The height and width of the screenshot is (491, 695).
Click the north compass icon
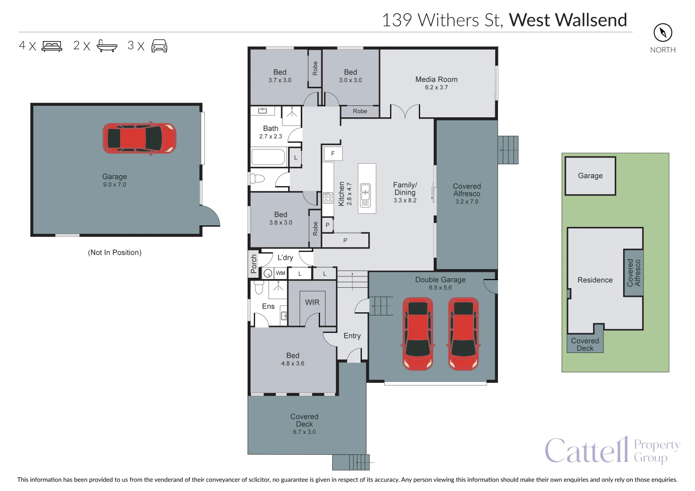[x=663, y=33]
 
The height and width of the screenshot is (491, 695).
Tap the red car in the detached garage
[x=139, y=138]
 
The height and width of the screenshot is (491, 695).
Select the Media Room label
[x=436, y=80]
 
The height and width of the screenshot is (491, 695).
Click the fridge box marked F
[x=333, y=154]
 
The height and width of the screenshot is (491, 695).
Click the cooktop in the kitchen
[x=328, y=198]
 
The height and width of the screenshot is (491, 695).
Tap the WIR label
[x=312, y=302]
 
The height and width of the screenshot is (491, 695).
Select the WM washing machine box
[x=280, y=273]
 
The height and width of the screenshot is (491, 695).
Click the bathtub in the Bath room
[x=268, y=158]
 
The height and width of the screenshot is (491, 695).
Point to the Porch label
[x=254, y=264]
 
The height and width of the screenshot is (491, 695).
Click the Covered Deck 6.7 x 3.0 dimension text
[x=304, y=432]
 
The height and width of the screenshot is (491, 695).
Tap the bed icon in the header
[x=52, y=46]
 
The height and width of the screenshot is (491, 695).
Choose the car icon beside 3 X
[x=159, y=46]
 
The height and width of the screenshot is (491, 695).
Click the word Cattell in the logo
[x=586, y=451]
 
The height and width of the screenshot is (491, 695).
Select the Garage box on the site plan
[x=590, y=176]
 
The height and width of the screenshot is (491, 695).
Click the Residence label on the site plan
[x=595, y=280]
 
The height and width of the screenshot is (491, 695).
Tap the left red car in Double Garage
[x=418, y=334]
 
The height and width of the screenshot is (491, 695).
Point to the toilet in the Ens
[x=259, y=288]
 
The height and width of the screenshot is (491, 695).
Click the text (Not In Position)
[x=115, y=252]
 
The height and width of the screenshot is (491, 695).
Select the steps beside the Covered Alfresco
[x=508, y=150]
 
